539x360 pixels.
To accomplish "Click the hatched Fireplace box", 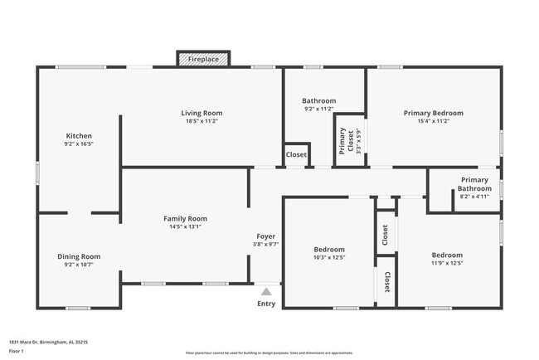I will tap(202, 60).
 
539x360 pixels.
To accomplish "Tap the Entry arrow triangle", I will tap(266, 291).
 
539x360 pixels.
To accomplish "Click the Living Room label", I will tap(202, 113).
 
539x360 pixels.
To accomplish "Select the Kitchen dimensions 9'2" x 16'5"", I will tap(79, 144).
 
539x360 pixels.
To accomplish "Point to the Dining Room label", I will tap(79, 256).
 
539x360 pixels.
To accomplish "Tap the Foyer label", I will tap(265, 236).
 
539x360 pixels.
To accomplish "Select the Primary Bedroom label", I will tap(433, 113).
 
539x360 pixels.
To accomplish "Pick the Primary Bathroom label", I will tap(475, 184).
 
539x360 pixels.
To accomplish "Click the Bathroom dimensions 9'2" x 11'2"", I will tap(318, 109).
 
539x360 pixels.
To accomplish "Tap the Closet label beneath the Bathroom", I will tap(296, 154).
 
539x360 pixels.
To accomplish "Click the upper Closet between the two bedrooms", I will tap(386, 235).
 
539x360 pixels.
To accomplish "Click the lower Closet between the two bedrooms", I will tap(387, 282).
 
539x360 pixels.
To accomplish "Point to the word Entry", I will tap(266, 304).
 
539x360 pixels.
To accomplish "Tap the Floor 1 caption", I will tap(17, 351).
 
